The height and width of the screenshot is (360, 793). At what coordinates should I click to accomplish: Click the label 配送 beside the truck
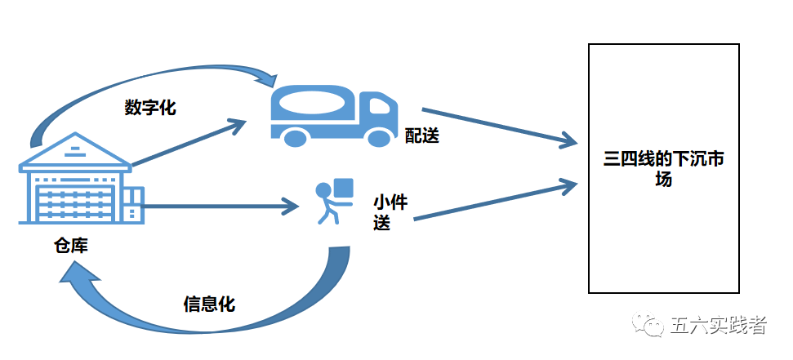tap(422, 136)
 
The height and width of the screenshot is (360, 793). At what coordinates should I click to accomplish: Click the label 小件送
tap(389, 211)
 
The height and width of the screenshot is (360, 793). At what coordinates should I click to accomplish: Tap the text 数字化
tap(149, 107)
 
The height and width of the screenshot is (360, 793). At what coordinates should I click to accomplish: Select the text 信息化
tap(209, 304)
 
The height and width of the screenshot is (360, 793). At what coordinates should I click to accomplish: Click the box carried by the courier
tap(343, 188)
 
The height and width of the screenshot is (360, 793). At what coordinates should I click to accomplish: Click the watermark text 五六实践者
tap(718, 326)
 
